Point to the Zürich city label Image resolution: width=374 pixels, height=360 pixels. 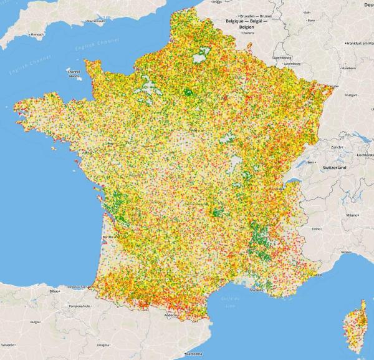click(x=338, y=146)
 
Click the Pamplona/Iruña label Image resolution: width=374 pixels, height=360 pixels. click(x=93, y=306)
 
